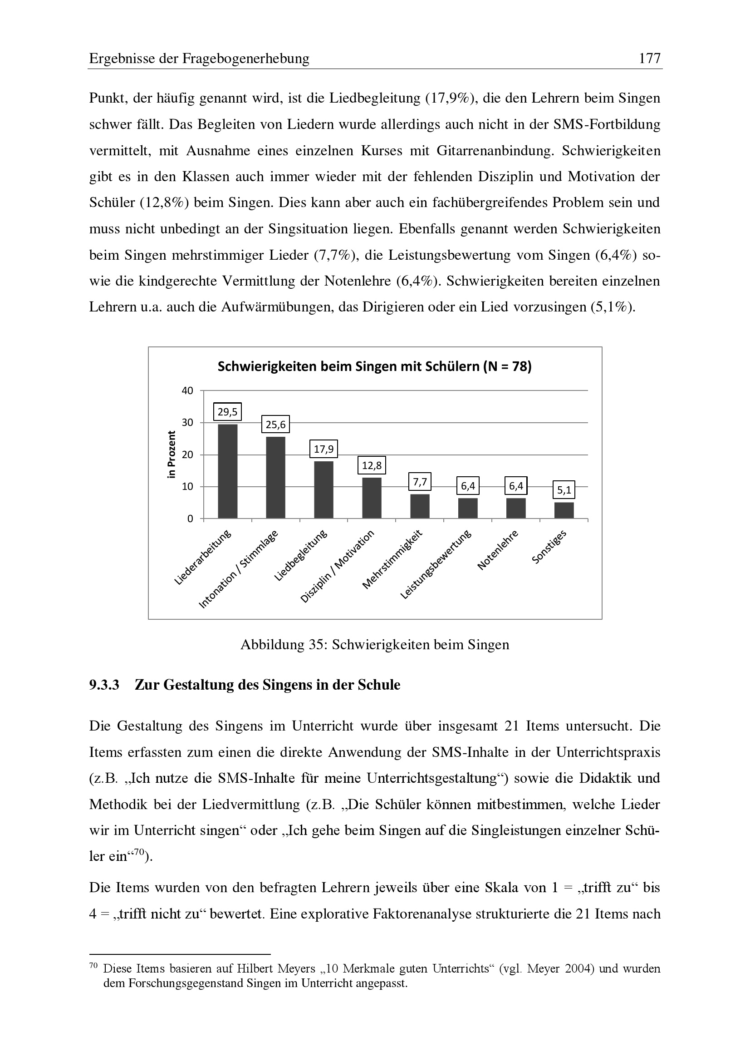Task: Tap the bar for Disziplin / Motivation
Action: (372, 498)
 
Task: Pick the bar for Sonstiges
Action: (564, 510)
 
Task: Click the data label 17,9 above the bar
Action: (324, 449)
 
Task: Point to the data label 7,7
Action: (420, 483)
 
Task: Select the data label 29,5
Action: (227, 412)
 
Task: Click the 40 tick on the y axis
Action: (187, 391)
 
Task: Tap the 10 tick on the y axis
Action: (187, 487)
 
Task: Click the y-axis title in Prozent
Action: (172, 454)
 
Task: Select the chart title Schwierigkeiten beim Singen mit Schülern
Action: (374, 367)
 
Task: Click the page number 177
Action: (649, 59)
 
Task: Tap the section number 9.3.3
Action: (104, 685)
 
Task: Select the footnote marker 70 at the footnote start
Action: (93, 966)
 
